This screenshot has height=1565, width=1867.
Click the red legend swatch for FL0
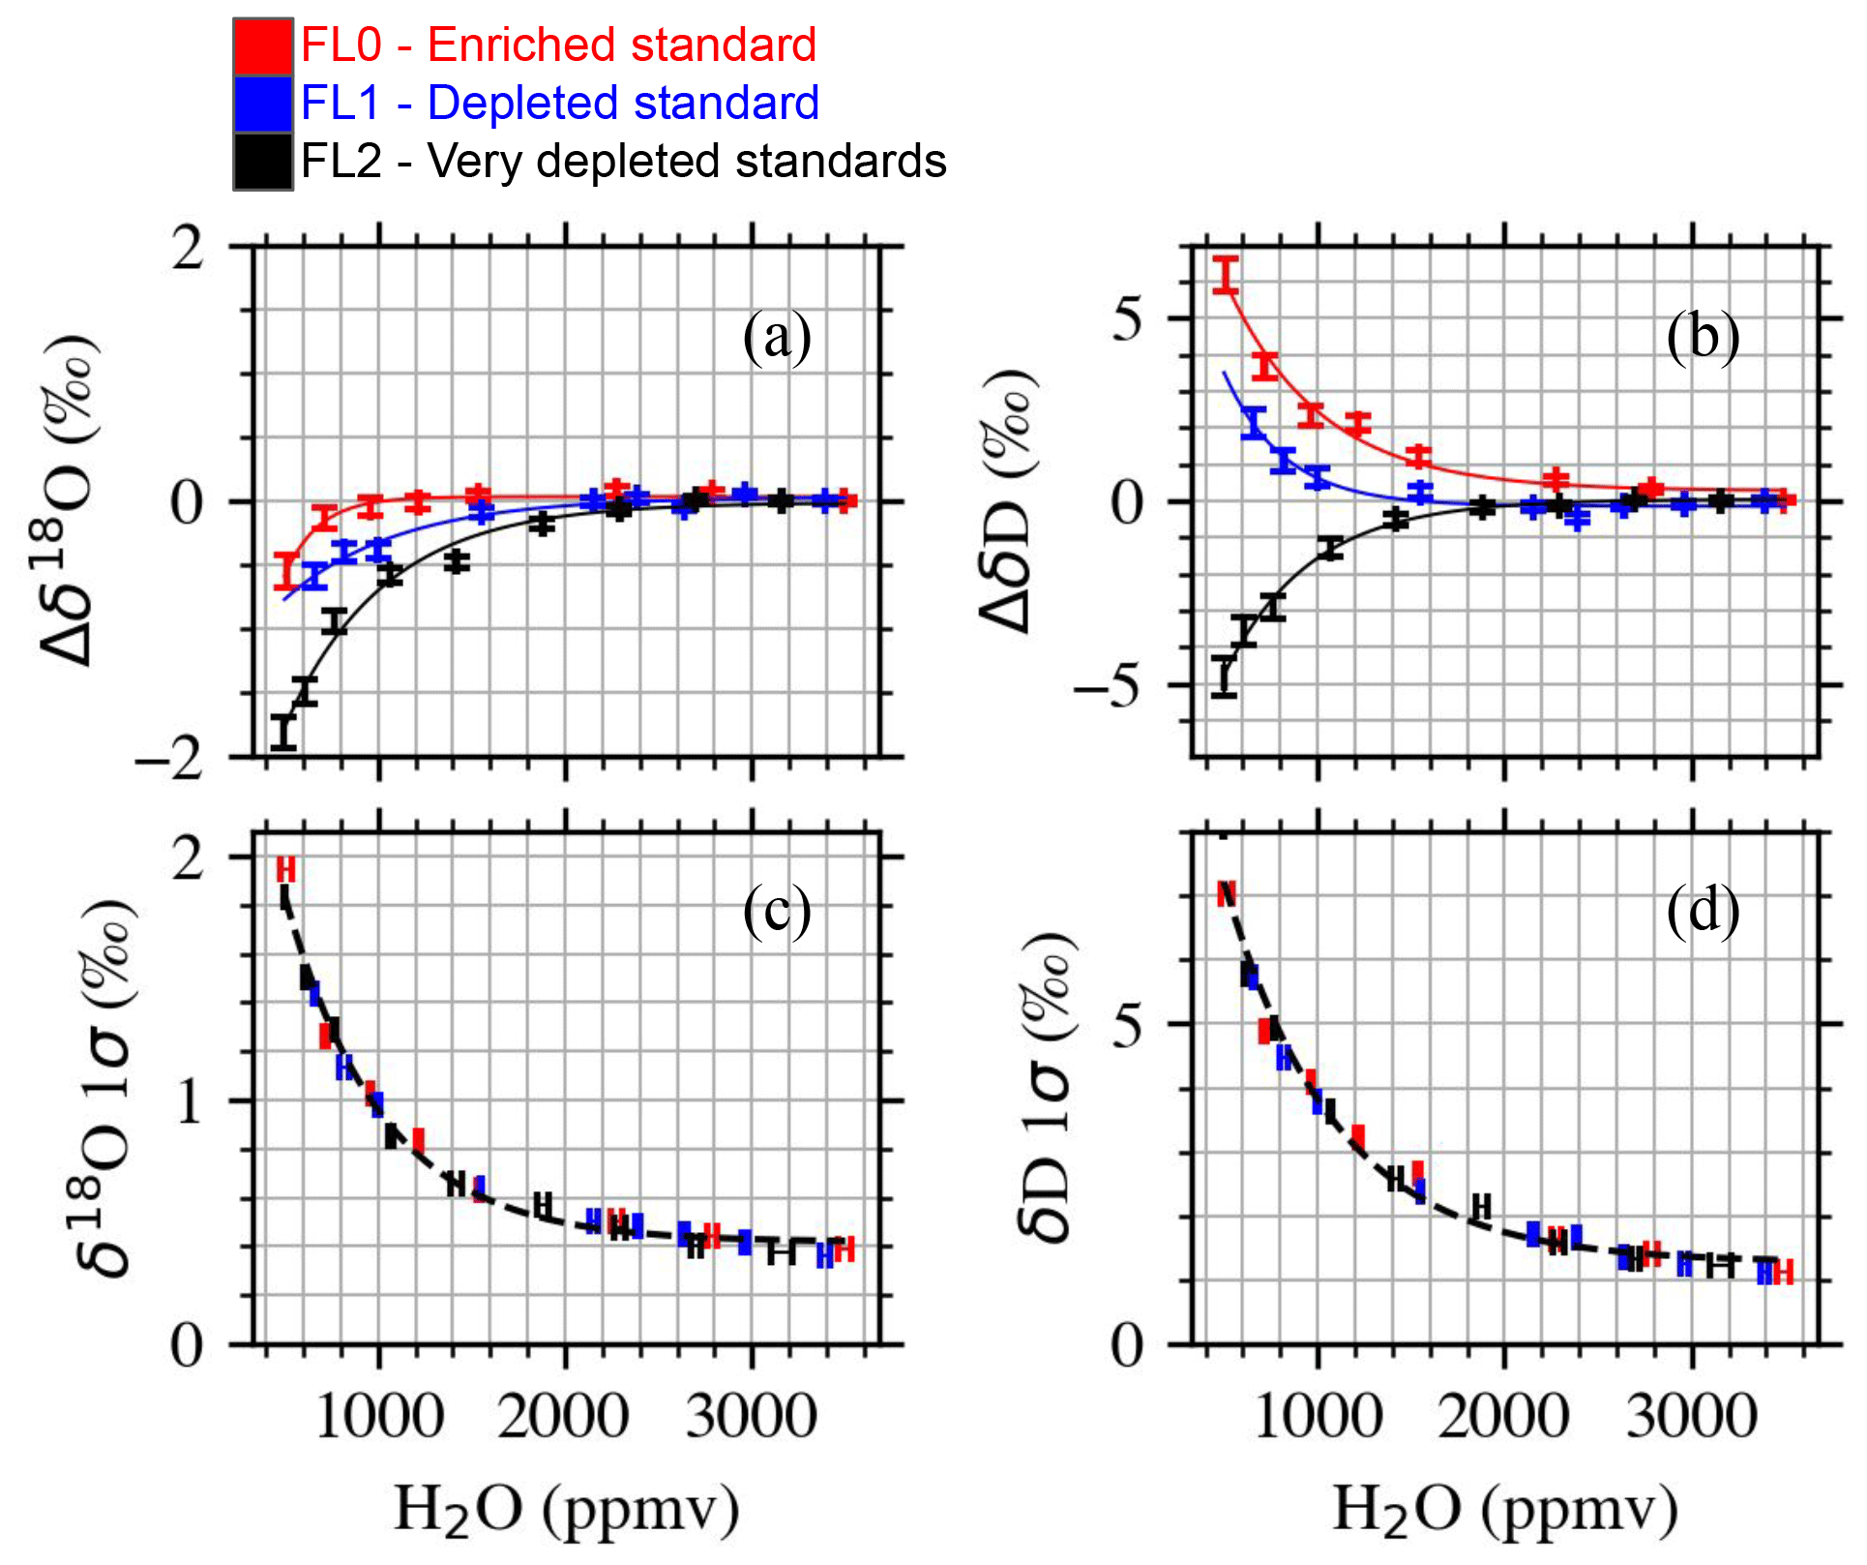coord(262,46)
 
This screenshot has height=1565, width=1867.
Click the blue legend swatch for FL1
coord(262,104)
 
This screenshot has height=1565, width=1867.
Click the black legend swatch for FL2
coord(262,161)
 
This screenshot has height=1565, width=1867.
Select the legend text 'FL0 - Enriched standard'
coord(558,45)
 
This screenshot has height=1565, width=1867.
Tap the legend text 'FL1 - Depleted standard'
coord(560,104)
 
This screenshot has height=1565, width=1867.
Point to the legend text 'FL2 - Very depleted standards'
coord(623,161)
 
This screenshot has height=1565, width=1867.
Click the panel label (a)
coord(777,338)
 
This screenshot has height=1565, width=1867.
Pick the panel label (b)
coord(1703,338)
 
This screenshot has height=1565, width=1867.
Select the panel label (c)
coord(777,910)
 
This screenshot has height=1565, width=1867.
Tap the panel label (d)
coord(1703,910)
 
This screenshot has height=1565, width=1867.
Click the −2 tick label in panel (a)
coord(170,760)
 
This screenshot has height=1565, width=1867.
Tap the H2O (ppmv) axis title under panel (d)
coord(1505,1508)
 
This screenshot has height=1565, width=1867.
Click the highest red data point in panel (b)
coord(1226,276)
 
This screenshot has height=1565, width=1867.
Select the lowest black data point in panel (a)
coord(283,733)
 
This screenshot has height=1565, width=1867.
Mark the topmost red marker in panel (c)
coord(285,869)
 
